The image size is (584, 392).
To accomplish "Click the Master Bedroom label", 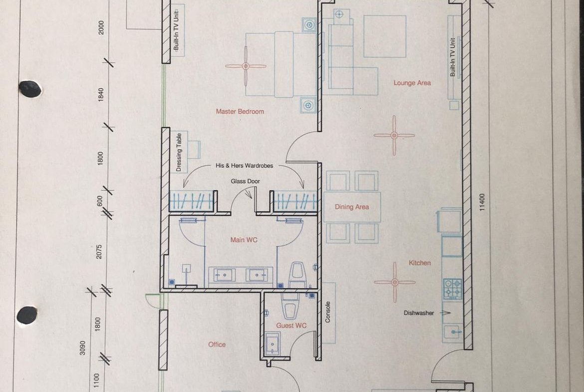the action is pyautogui.click(x=240, y=111).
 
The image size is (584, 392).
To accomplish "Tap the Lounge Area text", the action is pyautogui.click(x=412, y=83).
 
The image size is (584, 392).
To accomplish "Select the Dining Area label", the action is pyautogui.click(x=351, y=207).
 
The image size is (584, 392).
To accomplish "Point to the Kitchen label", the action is pyautogui.click(x=420, y=263).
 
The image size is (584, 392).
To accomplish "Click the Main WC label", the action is pyautogui.click(x=244, y=240).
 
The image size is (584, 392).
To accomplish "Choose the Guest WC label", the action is pyautogui.click(x=292, y=325).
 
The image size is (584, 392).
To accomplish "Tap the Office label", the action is pyautogui.click(x=217, y=344).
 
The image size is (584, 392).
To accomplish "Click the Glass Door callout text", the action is pyautogui.click(x=245, y=181).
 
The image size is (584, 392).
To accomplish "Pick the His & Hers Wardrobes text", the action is pyautogui.click(x=244, y=165).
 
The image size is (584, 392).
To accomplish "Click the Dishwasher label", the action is pyautogui.click(x=419, y=313).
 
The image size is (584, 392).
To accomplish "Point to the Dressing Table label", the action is pyautogui.click(x=179, y=152).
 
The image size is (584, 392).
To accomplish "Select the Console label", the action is pyautogui.click(x=328, y=312).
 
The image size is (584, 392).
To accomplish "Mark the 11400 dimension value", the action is pyautogui.click(x=482, y=202).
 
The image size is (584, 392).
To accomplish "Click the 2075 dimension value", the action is pyautogui.click(x=99, y=252).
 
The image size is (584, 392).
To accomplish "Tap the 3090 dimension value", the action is pyautogui.click(x=82, y=348).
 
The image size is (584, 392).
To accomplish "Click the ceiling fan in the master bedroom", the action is pyautogui.click(x=246, y=66).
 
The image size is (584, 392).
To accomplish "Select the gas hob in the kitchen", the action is pyautogui.click(x=453, y=289).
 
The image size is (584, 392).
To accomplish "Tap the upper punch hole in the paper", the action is pyautogui.click(x=30, y=89).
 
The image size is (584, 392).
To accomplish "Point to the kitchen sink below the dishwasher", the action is pyautogui.click(x=453, y=331).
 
